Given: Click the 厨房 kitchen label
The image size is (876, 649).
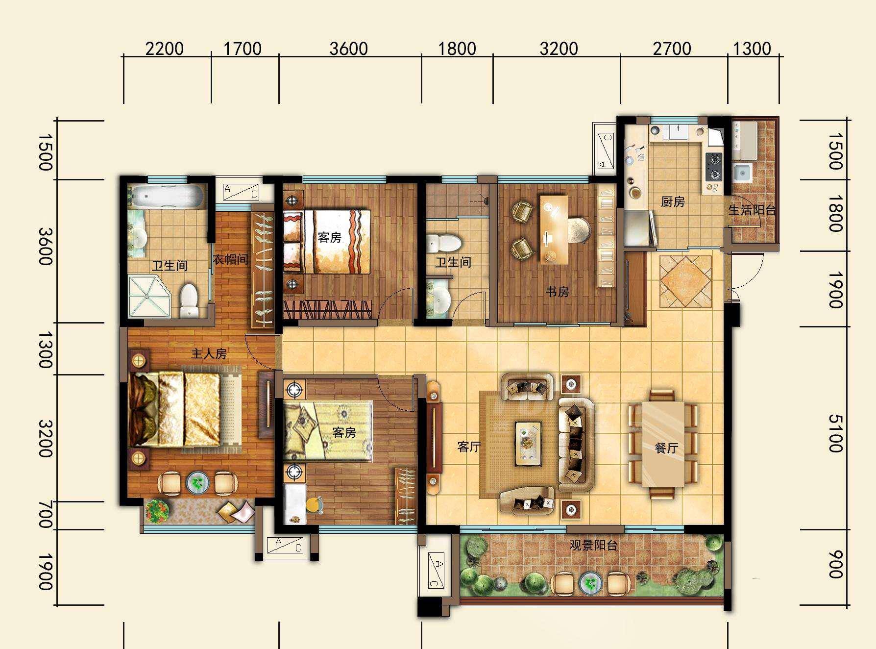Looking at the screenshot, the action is [673, 201].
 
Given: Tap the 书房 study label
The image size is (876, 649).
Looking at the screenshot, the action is [558, 292].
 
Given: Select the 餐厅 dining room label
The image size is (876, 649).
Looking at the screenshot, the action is [666, 448].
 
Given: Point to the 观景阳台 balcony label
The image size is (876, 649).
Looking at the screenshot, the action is [593, 545].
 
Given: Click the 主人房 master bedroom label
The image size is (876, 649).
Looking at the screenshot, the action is [209, 353].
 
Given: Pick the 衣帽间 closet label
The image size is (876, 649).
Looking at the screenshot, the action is [231, 259].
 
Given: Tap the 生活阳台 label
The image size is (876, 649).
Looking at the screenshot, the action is [752, 210].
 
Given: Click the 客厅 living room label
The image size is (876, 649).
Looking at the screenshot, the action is [469, 447].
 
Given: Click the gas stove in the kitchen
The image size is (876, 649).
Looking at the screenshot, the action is [713, 167].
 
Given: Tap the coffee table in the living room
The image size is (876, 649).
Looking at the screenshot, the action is [528, 443].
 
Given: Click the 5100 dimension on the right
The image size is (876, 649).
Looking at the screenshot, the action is [836, 433].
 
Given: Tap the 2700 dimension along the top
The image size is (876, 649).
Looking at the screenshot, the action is [672, 49].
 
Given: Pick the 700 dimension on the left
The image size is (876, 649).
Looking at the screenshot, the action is [45, 515].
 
